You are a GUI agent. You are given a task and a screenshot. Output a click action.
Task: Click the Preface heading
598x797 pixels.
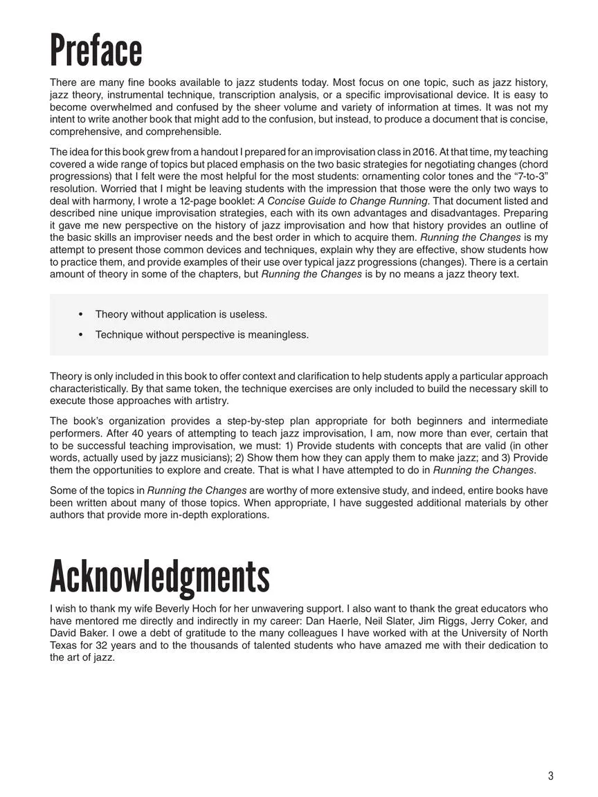[96, 51]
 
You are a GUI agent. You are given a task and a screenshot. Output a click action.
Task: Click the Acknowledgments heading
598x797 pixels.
[160, 576]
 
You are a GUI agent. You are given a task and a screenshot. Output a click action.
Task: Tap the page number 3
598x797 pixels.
[551, 776]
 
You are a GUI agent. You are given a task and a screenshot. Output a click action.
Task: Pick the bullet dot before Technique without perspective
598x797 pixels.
[81, 335]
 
